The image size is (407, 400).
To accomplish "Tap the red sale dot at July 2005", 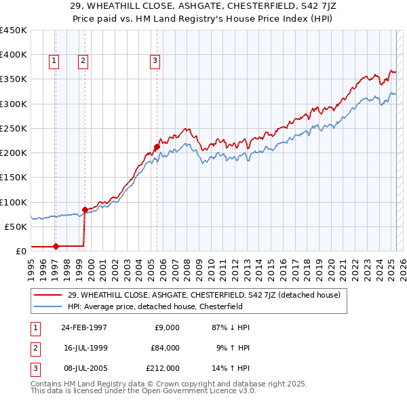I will click(x=157, y=146).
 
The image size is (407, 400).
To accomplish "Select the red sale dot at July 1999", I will click(x=85, y=209).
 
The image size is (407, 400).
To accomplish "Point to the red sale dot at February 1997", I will click(x=56, y=246).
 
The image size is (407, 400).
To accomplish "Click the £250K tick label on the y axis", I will click(x=14, y=128).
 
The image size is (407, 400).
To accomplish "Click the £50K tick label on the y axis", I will click(x=16, y=226).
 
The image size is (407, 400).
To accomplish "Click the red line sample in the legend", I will click(x=47, y=295).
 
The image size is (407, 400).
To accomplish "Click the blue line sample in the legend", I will click(x=47, y=306).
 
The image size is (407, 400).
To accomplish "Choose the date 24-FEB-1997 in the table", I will click(x=84, y=327).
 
